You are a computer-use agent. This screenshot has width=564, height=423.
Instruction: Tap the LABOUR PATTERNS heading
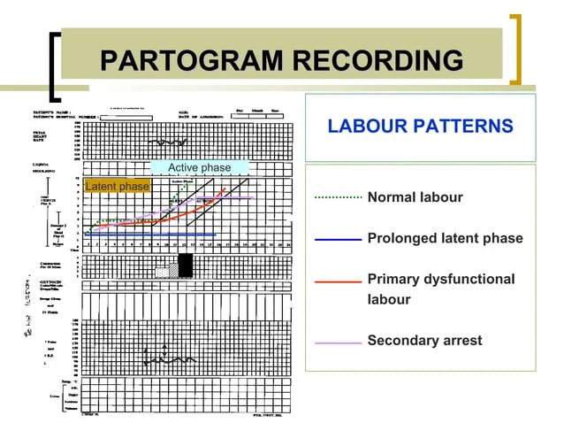coord(420,126)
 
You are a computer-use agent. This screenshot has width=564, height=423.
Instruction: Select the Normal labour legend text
coord(415,196)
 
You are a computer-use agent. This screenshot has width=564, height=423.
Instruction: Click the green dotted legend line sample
coord(339,196)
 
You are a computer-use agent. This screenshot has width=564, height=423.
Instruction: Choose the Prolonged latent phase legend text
coord(445,238)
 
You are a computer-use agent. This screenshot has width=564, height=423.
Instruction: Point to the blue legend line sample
coord(339,239)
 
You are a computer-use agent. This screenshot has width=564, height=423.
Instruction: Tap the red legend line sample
coord(339,281)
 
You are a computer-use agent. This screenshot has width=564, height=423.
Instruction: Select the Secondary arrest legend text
coord(424,340)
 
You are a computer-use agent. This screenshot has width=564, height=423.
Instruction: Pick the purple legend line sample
coord(339,341)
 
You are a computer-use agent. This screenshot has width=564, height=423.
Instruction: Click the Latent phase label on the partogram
coord(117,186)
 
